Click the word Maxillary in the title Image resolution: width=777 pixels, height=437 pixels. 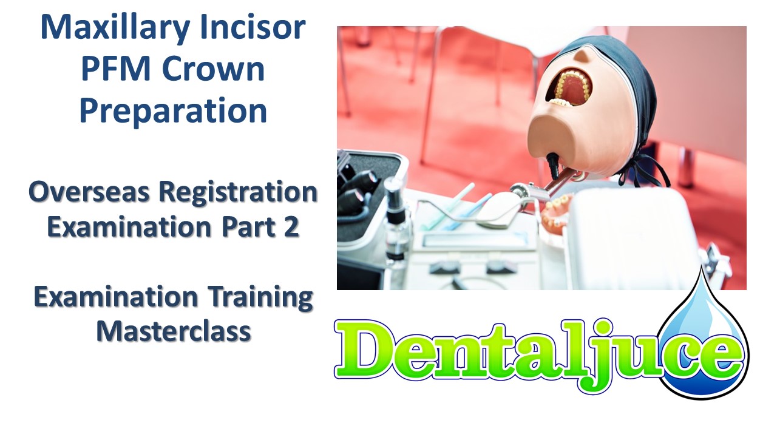(115, 29)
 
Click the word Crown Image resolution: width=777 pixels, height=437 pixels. (213, 69)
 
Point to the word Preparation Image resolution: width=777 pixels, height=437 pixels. (174, 110)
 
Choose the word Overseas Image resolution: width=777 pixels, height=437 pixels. (89, 192)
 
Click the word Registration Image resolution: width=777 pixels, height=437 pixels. (238, 192)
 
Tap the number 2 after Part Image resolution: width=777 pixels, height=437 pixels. (292, 227)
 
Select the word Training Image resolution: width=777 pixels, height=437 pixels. (260, 297)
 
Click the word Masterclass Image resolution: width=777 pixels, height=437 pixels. (174, 331)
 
